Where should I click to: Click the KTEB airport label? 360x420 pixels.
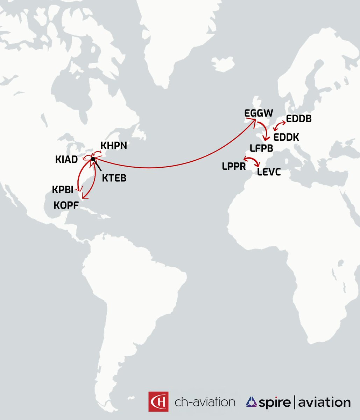(114, 178)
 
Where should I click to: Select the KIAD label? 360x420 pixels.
(66, 160)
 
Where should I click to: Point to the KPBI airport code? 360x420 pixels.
(63, 190)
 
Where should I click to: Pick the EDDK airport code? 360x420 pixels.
(286, 137)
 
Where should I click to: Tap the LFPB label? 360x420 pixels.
(261, 148)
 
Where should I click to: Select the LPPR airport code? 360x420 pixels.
(234, 166)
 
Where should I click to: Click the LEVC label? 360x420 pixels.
(269, 172)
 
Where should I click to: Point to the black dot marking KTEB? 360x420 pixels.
(93, 160)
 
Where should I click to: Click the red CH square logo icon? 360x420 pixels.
(158, 401)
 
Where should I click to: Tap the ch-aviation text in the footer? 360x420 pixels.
(205, 402)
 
